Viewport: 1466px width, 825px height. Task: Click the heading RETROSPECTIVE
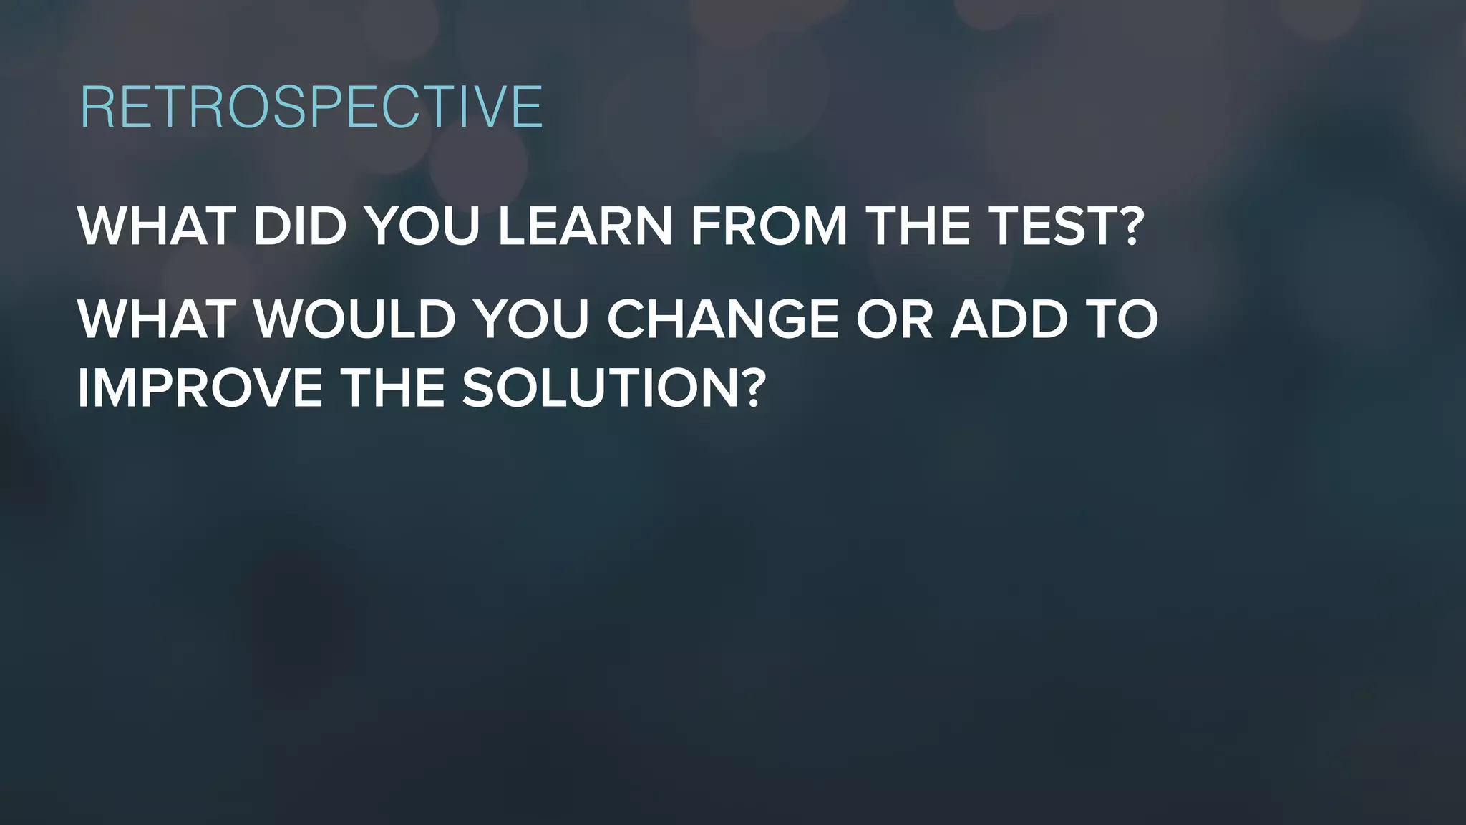(311, 107)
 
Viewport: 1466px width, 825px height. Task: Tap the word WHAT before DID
(156, 226)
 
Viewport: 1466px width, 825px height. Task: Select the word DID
(299, 226)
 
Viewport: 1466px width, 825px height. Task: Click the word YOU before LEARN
(422, 226)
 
